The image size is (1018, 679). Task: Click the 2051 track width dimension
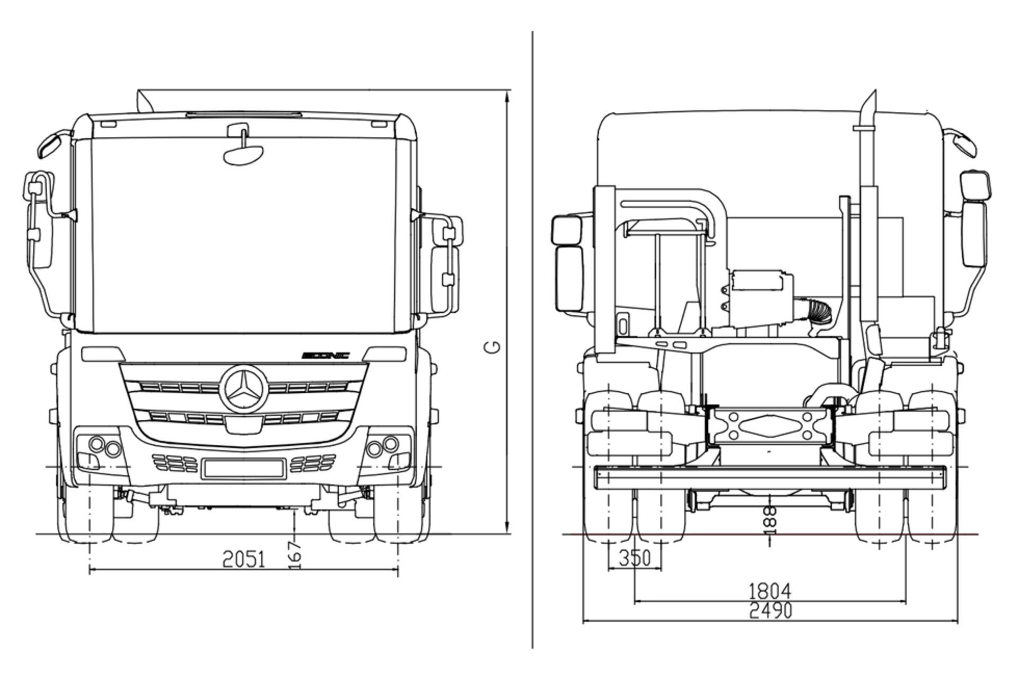coord(243,559)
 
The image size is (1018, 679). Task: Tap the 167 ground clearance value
coord(295,554)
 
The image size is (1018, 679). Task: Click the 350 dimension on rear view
coord(634,558)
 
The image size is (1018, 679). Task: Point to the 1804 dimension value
coord(769,590)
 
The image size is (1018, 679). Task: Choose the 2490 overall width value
coord(770,611)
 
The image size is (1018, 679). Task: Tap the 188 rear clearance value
coord(770,520)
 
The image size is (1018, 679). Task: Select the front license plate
coord(243,468)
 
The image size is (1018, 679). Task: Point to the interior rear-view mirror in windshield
coord(243,154)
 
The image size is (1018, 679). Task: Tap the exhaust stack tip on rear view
coord(870,101)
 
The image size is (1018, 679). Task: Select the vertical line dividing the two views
coord(532,339)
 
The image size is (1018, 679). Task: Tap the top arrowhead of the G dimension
coord(507,95)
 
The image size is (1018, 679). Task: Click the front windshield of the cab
coord(243,239)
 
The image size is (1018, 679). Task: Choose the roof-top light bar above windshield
coord(243,114)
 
